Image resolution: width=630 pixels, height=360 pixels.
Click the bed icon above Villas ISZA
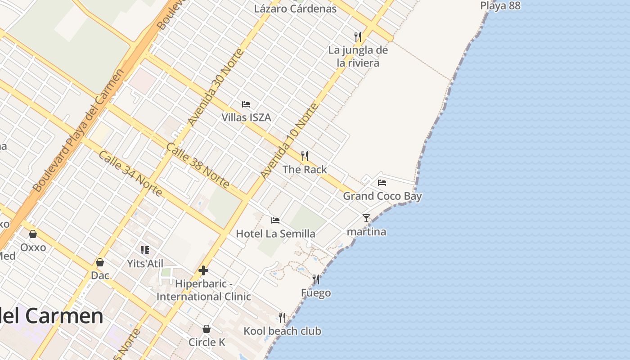(246, 104)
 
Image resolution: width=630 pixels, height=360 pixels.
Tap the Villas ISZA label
(246, 117)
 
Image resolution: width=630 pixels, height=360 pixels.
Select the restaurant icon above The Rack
(305, 156)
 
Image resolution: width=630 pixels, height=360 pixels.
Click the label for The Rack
(305, 170)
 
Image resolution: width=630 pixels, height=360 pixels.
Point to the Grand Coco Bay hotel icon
(382, 183)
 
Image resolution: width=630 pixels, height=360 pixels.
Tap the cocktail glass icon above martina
(366, 218)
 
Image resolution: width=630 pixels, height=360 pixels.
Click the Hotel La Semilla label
(275, 234)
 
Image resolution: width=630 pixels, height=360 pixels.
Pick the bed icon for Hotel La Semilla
(275, 220)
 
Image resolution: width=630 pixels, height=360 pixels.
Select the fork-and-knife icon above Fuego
(316, 279)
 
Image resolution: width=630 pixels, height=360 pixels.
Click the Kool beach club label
(282, 331)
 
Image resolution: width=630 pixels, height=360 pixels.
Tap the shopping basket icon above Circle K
(207, 329)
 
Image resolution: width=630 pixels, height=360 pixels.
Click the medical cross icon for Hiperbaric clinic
(203, 270)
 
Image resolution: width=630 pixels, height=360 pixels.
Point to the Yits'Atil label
(145, 264)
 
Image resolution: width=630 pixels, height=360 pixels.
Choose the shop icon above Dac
(100, 262)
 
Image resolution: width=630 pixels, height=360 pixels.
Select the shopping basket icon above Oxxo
(33, 234)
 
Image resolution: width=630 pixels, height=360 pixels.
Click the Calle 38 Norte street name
(198, 165)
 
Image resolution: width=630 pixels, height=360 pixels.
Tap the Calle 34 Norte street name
(130, 173)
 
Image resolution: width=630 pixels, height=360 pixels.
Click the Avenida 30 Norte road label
(216, 87)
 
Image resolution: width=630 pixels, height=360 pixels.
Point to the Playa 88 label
(500, 6)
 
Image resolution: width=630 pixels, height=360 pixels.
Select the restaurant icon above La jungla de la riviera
(358, 36)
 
